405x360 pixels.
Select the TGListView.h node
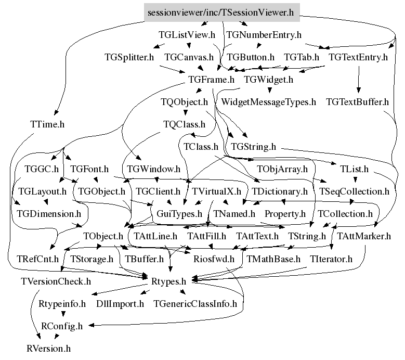[187, 35]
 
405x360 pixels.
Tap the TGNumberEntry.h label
[264, 35]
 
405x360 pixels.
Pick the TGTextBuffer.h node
[357, 102]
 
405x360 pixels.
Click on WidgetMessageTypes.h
[268, 102]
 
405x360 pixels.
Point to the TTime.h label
[50, 124]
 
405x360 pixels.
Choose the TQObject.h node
[184, 102]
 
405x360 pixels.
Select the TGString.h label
[253, 147]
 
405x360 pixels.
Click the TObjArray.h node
[282, 169]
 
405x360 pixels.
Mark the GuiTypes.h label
[179, 214]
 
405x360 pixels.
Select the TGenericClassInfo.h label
[195, 304]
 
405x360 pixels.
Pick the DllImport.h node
[120, 304]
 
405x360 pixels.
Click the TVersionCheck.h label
[56, 281]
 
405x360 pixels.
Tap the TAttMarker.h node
[364, 236]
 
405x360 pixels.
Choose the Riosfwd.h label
[214, 259]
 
